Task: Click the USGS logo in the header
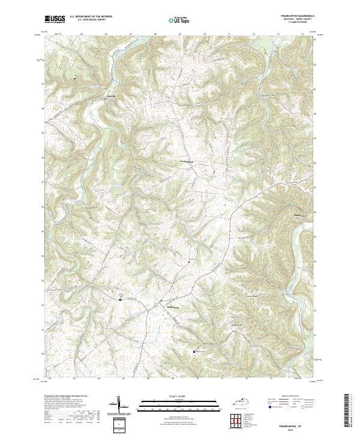coord(55,19)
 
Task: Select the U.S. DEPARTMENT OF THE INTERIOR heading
coord(91,17)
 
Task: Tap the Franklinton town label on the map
coord(187,162)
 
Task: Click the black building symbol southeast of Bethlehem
coord(193,352)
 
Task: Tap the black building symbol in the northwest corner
coord(75,78)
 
